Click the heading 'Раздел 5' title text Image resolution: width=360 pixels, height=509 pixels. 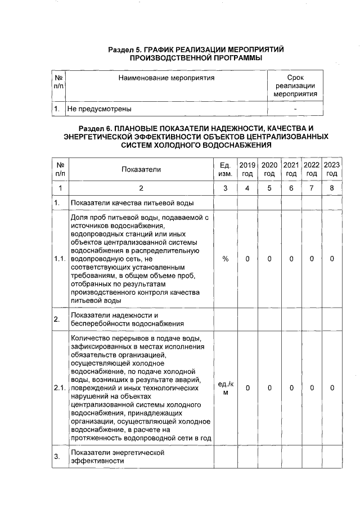click(196, 54)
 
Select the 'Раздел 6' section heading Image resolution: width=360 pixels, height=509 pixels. click(196, 137)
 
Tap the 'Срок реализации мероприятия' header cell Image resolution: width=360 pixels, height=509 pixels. click(295, 85)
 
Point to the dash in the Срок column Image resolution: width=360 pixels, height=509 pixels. click(295, 109)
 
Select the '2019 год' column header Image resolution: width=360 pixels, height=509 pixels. click(247, 169)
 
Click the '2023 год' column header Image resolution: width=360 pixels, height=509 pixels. click(332, 169)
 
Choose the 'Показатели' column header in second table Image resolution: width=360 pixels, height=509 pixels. click(141, 169)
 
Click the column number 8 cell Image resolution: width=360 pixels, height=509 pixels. click(332, 188)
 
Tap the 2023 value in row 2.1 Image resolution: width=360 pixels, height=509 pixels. click(332, 388)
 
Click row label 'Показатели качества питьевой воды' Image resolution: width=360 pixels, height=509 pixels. click(132, 202)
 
